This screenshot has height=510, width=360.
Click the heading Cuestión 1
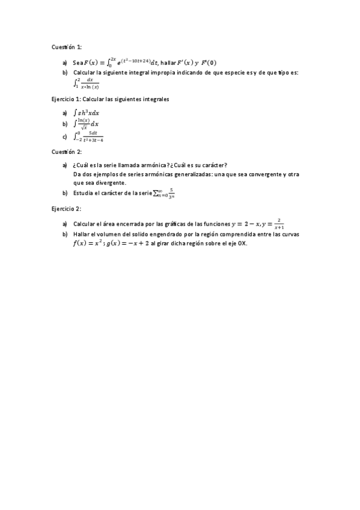pyautogui.click(x=66, y=46)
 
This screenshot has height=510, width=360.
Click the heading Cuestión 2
pyautogui.click(x=66, y=152)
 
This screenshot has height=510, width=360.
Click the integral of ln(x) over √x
pyautogui.click(x=86, y=123)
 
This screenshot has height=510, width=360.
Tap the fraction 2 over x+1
pyautogui.click(x=279, y=224)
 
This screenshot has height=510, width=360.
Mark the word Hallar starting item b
pyautogui.click(x=82, y=234)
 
